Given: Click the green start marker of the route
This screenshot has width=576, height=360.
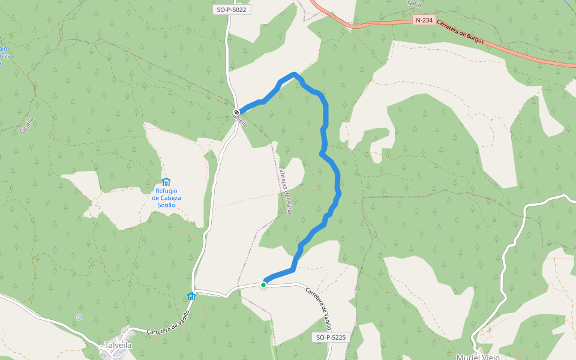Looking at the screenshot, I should click(x=263, y=284).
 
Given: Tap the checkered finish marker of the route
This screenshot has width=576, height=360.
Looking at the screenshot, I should click(x=237, y=112).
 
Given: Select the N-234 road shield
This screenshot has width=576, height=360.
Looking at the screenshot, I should click(x=424, y=20).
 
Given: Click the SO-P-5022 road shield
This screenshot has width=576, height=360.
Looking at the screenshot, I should click(x=232, y=10).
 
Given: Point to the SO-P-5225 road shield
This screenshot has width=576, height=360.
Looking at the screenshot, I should click(x=331, y=337).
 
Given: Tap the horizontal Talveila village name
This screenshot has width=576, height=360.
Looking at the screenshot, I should click(x=118, y=345).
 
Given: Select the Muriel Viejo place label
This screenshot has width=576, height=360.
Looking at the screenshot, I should click(x=478, y=357).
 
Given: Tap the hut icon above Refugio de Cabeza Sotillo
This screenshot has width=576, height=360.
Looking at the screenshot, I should click(x=166, y=182).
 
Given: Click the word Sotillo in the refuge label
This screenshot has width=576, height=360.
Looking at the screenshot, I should click(x=166, y=205).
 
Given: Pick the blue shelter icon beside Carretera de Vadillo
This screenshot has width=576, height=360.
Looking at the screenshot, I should click(x=191, y=295).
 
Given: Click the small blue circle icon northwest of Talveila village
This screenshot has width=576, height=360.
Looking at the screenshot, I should click(x=79, y=317).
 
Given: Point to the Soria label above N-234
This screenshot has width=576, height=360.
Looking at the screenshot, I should click(x=414, y=4).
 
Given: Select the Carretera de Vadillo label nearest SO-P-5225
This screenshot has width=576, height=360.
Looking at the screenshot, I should click(x=319, y=307).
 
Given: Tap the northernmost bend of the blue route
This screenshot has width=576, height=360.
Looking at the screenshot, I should click(x=293, y=74).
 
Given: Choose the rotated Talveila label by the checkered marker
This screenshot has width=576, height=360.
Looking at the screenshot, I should click(x=242, y=121).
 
